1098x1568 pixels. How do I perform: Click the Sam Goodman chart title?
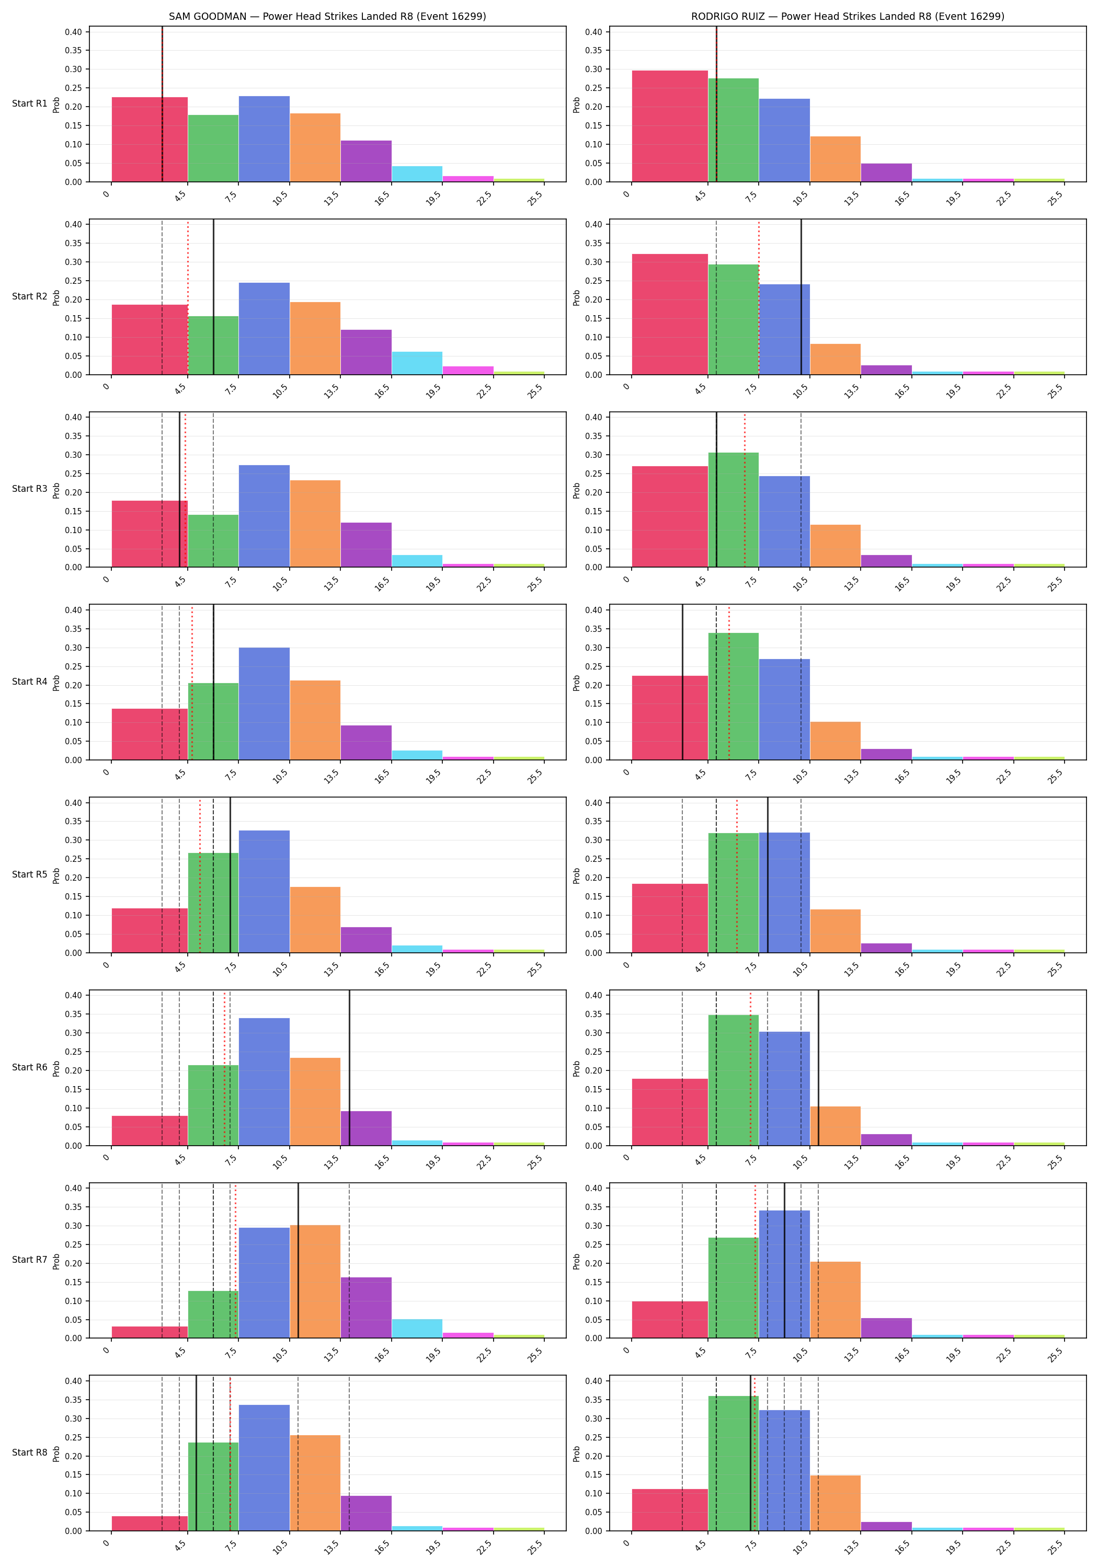point(327,16)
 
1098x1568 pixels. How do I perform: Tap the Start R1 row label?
point(29,104)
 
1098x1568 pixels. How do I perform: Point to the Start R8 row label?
point(29,1452)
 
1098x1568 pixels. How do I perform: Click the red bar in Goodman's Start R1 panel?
point(150,140)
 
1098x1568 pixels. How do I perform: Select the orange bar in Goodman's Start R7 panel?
point(315,1281)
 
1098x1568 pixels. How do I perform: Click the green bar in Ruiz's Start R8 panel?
point(733,1463)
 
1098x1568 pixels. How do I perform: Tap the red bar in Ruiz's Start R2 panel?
point(670,314)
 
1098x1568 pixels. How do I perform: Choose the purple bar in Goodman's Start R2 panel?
point(366,352)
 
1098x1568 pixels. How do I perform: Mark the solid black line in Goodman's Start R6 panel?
point(350,1068)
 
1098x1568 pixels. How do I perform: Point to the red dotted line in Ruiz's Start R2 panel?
point(759,297)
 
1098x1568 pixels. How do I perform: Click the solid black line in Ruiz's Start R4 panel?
point(682,682)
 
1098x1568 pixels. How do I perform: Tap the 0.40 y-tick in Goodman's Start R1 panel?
point(73,32)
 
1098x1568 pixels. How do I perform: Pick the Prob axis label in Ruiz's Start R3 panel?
point(577,490)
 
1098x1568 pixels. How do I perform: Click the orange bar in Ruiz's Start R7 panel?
point(835,1299)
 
